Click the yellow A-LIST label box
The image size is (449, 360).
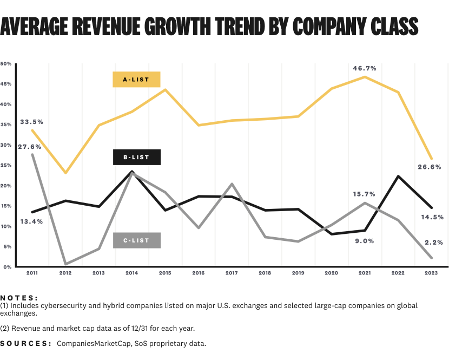pos(137,79)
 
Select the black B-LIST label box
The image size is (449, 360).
pos(137,157)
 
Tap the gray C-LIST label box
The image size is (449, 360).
pos(137,240)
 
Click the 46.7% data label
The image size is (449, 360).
pos(365,69)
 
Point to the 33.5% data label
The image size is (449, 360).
pos(31,122)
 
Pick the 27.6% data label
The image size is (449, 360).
pos(29,146)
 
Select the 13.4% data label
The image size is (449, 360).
pos(31,221)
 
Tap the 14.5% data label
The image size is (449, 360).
pos(433,217)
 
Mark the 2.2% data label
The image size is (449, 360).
pos(435,243)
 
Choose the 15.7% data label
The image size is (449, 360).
pos(365,194)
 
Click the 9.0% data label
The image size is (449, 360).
pos(365,241)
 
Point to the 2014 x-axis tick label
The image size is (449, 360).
pos(132,274)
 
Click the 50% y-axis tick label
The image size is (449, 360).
pos(6,64)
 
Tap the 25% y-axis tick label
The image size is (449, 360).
pos(6,165)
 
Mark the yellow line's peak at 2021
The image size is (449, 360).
pos(365,77)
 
